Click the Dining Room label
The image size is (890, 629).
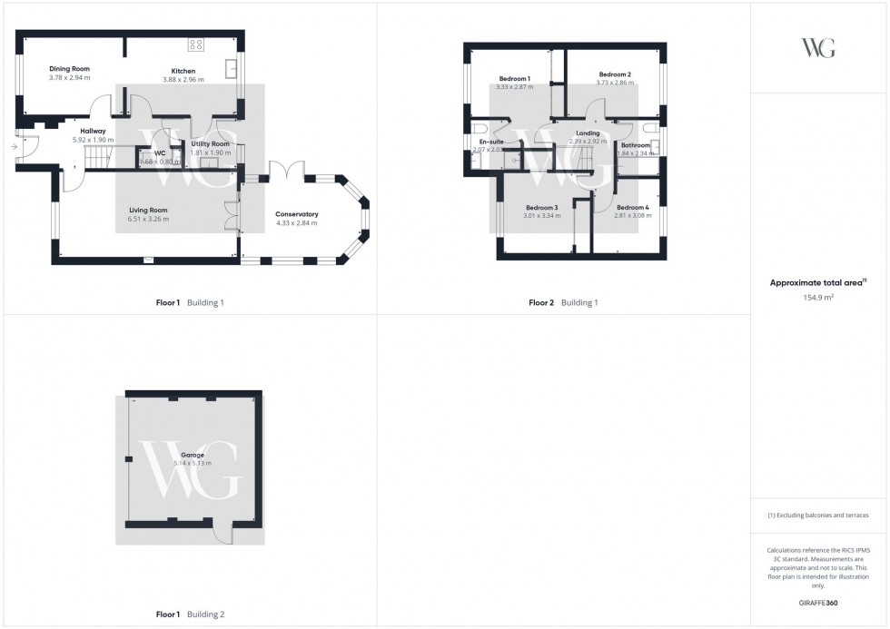69,68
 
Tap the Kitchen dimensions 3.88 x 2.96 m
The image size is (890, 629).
183,80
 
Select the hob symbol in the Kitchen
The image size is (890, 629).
195,44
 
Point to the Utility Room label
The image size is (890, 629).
210,144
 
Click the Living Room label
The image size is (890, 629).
148,210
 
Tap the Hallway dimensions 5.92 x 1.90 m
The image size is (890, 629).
93,140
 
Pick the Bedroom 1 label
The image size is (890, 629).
514,78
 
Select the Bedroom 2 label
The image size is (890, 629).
615,74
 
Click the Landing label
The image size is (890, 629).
588,133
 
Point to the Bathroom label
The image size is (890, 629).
636,145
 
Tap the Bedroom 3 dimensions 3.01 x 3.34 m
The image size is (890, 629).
540,216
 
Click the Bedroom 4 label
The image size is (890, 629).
633,208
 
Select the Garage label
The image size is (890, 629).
192,455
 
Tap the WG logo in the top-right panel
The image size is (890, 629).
818,48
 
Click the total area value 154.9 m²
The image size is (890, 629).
818,298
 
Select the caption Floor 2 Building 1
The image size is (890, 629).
563,302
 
